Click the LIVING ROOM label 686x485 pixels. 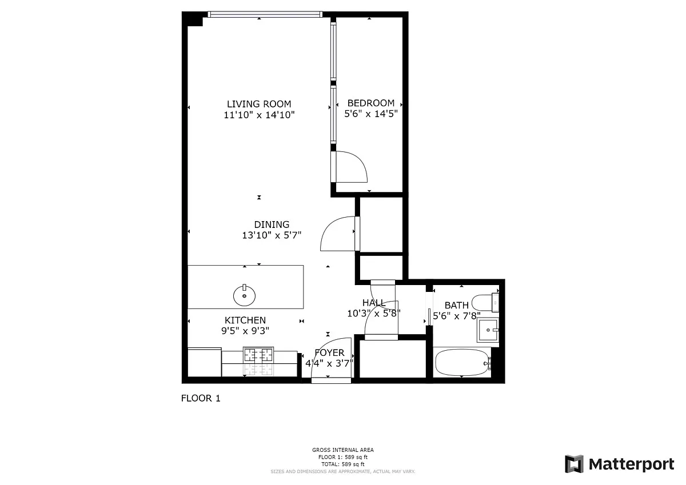tap(259, 104)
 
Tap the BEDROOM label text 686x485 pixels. tap(371, 103)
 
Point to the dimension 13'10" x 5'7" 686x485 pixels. tap(272, 235)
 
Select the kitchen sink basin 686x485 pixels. tap(245, 295)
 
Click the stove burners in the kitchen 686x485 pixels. tap(258, 355)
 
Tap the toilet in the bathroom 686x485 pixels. tap(485, 303)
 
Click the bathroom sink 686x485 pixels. tap(488, 330)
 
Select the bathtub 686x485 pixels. tap(462, 363)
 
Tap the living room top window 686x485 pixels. tap(265, 14)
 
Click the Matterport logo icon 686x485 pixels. tap(575, 464)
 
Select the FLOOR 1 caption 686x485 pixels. tap(201, 398)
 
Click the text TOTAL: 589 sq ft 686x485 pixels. tap(342, 464)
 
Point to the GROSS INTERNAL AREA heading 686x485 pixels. tap(342, 450)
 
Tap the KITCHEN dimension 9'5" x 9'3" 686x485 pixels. tap(245, 331)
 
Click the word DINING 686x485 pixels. tap(272, 225)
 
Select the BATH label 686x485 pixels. tap(456, 305)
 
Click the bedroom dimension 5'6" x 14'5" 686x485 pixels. tap(371, 114)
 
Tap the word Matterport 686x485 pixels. tap(631, 464)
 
